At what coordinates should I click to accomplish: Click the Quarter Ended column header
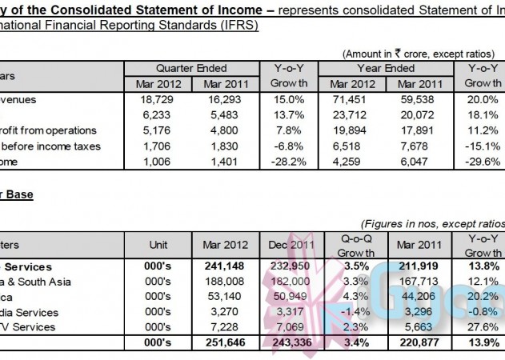(x=191, y=69)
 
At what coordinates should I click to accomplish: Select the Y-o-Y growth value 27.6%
(x=483, y=327)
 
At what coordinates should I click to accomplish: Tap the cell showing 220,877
(x=416, y=343)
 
